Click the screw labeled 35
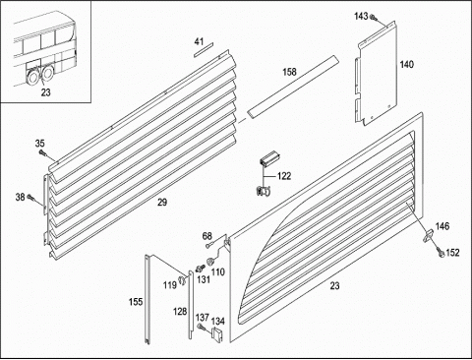tap(42, 152)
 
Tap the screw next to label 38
tap(30, 197)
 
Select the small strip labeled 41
tap(204, 50)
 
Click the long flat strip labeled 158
tap(292, 87)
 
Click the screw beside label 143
tap(373, 17)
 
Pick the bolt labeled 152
tap(440, 252)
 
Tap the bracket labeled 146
tap(428, 235)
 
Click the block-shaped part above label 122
tap(269, 158)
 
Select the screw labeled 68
tap(208, 245)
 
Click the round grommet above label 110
tap(209, 262)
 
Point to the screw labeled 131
tap(200, 269)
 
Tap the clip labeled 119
tap(181, 280)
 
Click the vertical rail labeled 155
tap(147, 299)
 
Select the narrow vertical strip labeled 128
tap(191, 304)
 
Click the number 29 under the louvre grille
tap(162, 203)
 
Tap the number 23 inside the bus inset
tap(46, 92)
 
